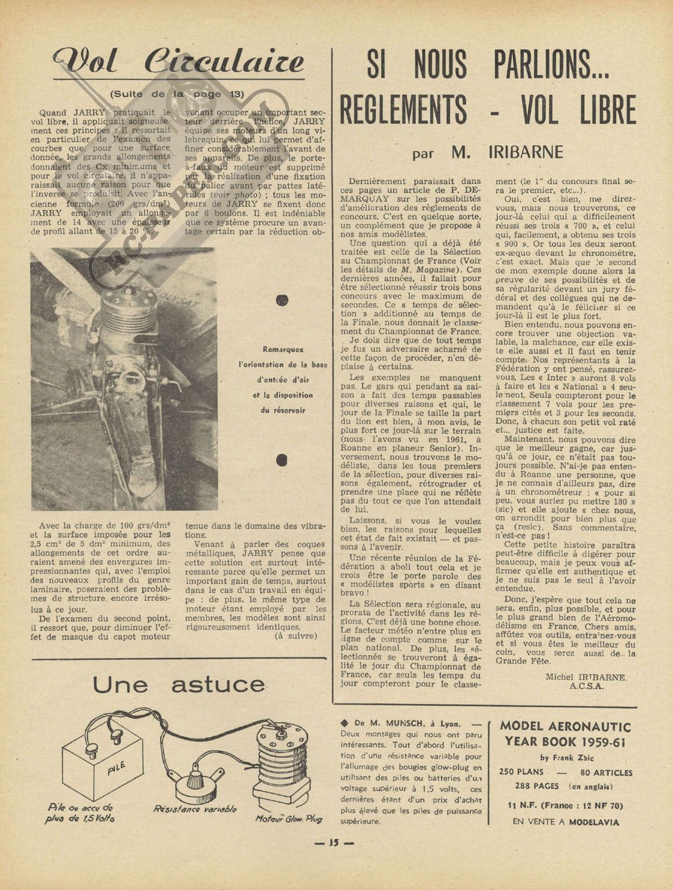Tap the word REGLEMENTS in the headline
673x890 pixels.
(x=403, y=110)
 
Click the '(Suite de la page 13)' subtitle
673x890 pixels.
(x=177, y=94)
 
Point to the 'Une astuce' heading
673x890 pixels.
(x=178, y=685)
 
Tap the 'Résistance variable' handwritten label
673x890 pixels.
(x=195, y=809)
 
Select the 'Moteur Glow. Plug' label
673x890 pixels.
(x=288, y=819)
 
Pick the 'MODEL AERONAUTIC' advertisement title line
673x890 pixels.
(x=565, y=726)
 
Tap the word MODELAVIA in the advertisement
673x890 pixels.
(x=594, y=821)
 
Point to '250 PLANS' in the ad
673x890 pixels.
(x=521, y=772)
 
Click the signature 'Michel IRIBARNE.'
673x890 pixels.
(x=585, y=677)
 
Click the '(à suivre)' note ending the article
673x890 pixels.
(x=296, y=636)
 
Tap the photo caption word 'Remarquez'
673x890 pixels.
(x=283, y=349)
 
